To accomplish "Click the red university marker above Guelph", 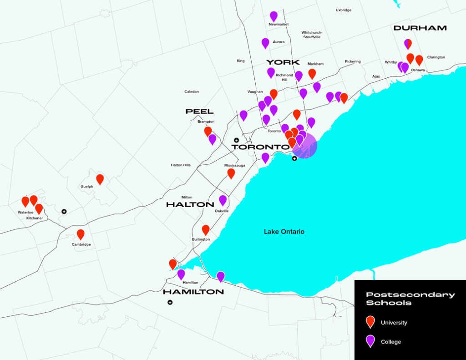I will tap(100, 179).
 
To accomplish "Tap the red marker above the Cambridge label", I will tap(81, 234).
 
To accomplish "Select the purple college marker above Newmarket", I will tap(274, 16).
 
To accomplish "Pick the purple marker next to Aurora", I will tap(265, 43).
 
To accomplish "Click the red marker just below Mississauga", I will tap(231, 173).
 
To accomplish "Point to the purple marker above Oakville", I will tap(223, 200).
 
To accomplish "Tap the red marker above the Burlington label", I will tap(206, 230).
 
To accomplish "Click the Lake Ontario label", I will tap(284, 232).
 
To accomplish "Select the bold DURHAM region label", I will tap(420, 28).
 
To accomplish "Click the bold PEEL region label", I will tap(199, 112).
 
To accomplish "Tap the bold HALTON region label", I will tap(190, 205).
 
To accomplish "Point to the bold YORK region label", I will tap(283, 62).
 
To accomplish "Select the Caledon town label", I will tap(192, 91).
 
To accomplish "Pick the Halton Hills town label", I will tap(181, 165).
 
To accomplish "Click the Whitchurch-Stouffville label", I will tap(312, 35).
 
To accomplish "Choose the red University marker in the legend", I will tap(370, 322).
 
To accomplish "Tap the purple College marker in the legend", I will tap(370, 341).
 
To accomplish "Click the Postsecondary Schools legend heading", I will tap(410, 299).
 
